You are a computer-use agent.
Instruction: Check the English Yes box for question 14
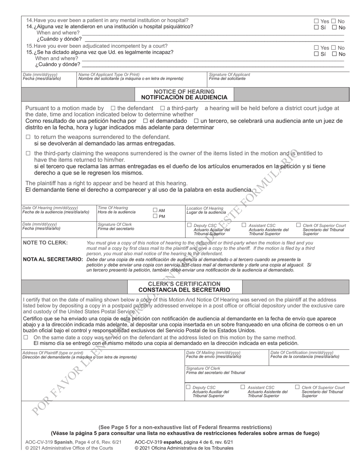(316, 21)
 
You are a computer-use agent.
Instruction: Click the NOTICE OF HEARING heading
(184, 92)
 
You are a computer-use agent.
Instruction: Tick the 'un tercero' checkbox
(196, 121)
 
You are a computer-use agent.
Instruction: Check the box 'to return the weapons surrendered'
(28, 137)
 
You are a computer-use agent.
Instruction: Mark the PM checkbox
(155, 216)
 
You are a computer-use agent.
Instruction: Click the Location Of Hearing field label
(205, 208)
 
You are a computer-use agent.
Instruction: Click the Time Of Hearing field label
(113, 208)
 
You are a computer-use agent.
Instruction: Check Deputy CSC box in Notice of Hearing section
(189, 225)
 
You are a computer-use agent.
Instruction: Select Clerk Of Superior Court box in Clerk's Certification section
(297, 387)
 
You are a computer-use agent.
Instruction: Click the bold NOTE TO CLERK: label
(45, 243)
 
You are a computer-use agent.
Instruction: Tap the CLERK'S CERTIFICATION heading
(184, 284)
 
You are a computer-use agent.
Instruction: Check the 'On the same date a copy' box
(26, 337)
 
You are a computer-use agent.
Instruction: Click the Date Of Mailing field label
(213, 352)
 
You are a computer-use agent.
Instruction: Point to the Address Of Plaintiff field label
(53, 353)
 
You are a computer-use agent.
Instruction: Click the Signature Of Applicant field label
(230, 75)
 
